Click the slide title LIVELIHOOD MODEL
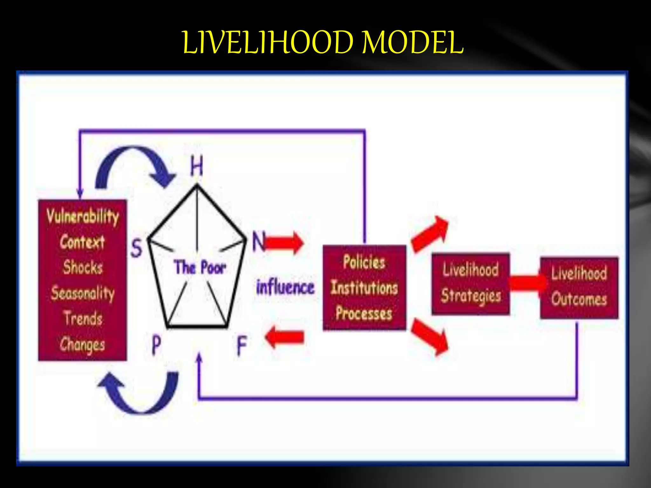click(x=323, y=43)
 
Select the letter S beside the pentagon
click(x=137, y=248)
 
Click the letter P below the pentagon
click(x=156, y=345)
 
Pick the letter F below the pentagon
click(x=242, y=346)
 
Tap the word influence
click(x=285, y=287)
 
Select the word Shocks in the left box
click(x=83, y=267)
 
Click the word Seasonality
click(x=83, y=293)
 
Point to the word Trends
click(x=83, y=318)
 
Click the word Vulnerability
click(x=83, y=216)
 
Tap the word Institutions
click(x=364, y=288)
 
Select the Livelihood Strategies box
click(x=471, y=284)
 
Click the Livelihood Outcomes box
click(x=579, y=288)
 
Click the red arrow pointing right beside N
click(x=284, y=243)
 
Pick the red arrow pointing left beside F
click(x=284, y=337)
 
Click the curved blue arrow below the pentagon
click(x=140, y=394)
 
